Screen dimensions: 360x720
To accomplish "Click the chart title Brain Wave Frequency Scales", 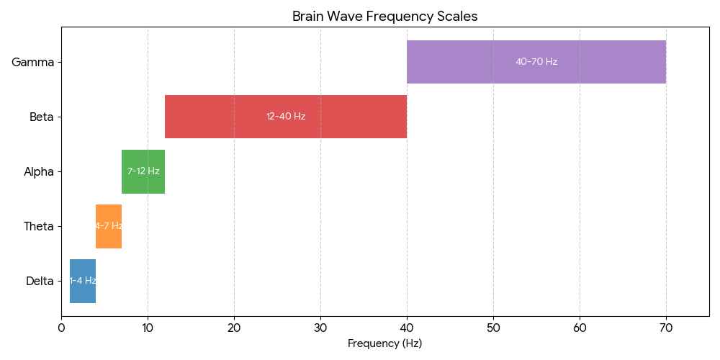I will pos(384,17).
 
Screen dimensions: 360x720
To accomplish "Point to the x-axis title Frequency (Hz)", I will pos(384,343).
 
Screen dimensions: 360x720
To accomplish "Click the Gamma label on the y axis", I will pos(33,62).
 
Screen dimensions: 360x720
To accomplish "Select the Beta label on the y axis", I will pos(42,117).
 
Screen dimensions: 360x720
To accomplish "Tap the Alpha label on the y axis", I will pos(39,171).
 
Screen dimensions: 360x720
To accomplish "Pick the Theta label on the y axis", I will pos(39,226).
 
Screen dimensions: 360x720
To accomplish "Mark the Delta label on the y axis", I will pos(40,281).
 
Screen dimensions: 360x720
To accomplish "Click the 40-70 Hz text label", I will pos(536,62).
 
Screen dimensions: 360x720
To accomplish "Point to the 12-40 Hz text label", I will pos(286,117).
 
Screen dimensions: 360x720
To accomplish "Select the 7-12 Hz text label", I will pos(143,171).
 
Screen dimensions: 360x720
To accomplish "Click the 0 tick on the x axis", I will pos(61,328).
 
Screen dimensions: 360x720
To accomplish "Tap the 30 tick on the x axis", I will pos(320,328).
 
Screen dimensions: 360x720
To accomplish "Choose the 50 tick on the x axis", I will pos(493,328).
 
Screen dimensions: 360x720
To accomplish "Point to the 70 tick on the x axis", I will pos(666,328).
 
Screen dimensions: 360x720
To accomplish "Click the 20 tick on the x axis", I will pos(234,328).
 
